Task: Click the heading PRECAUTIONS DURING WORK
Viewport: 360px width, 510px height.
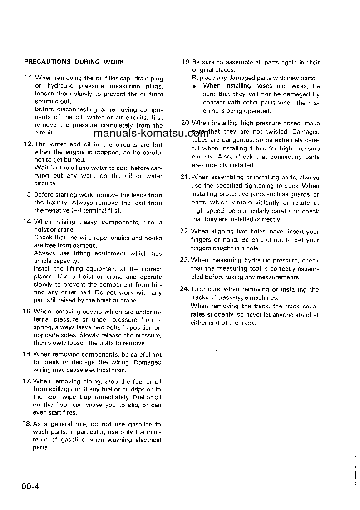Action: [x=74, y=62]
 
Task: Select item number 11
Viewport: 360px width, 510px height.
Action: [x=29, y=78]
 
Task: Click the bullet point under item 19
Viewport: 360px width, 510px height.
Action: [x=194, y=86]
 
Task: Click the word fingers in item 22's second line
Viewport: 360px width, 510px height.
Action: [x=202, y=240]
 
